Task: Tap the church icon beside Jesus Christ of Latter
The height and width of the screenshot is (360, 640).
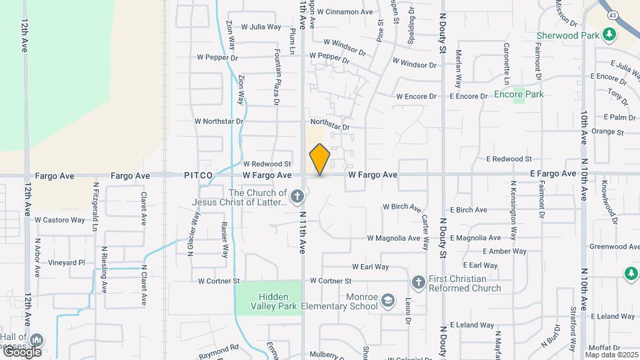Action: [x=298, y=197]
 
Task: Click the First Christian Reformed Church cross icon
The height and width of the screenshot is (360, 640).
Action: [x=418, y=282]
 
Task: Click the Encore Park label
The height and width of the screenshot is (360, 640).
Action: [x=519, y=94]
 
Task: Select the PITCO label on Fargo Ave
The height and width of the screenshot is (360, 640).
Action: [x=199, y=175]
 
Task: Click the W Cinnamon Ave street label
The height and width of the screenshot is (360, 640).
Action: [x=345, y=12]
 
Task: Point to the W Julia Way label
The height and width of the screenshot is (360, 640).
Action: [x=261, y=27]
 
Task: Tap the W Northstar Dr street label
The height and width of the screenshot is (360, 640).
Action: [x=219, y=121]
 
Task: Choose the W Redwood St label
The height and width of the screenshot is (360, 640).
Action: [x=267, y=163]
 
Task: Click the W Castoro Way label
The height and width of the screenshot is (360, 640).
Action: [x=60, y=219]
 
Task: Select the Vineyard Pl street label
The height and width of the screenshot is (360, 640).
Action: [x=67, y=263]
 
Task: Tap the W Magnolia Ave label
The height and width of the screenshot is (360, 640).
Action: [x=397, y=238]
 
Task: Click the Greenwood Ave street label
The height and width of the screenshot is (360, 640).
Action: [x=615, y=247]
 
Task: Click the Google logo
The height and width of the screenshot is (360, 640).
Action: [x=22, y=351]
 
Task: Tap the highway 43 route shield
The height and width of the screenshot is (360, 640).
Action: [x=611, y=14]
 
